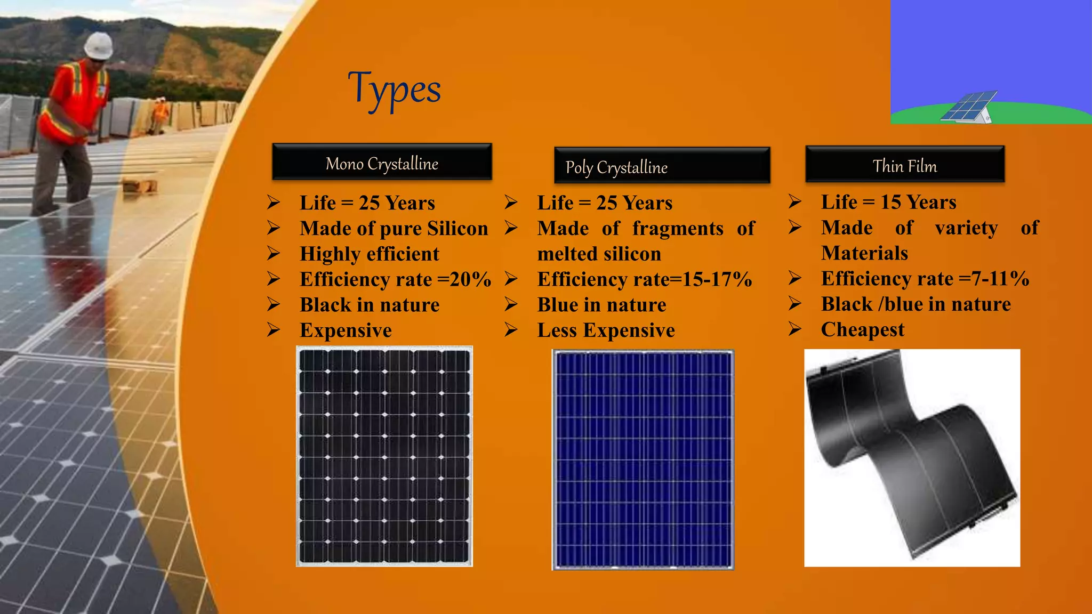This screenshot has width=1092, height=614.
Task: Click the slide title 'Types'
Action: (x=395, y=90)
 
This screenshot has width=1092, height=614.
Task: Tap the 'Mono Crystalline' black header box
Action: (x=382, y=162)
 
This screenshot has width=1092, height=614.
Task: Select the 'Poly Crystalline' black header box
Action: (x=662, y=166)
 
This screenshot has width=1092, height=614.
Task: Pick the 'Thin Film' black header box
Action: (x=905, y=165)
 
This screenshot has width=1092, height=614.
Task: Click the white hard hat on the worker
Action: (x=99, y=45)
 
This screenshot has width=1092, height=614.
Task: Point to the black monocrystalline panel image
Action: (x=384, y=456)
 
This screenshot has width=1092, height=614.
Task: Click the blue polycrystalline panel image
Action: (x=643, y=459)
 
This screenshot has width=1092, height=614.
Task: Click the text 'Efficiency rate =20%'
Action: (x=395, y=279)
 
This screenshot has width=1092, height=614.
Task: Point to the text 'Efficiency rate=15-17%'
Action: (x=644, y=279)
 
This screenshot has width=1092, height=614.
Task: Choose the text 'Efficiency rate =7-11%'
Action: (x=925, y=278)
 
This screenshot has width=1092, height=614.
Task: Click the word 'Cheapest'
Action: (x=862, y=329)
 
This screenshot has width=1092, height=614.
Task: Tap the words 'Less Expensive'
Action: (x=606, y=330)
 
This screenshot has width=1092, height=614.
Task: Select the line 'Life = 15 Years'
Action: (x=888, y=202)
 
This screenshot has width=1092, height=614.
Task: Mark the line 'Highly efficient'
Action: (x=369, y=254)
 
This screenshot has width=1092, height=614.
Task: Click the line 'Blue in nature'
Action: (x=601, y=305)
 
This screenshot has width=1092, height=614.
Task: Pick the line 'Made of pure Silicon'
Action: (x=394, y=228)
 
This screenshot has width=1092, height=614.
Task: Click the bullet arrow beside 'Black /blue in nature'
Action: (x=794, y=304)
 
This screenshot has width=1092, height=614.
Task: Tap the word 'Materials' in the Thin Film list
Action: (x=864, y=253)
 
